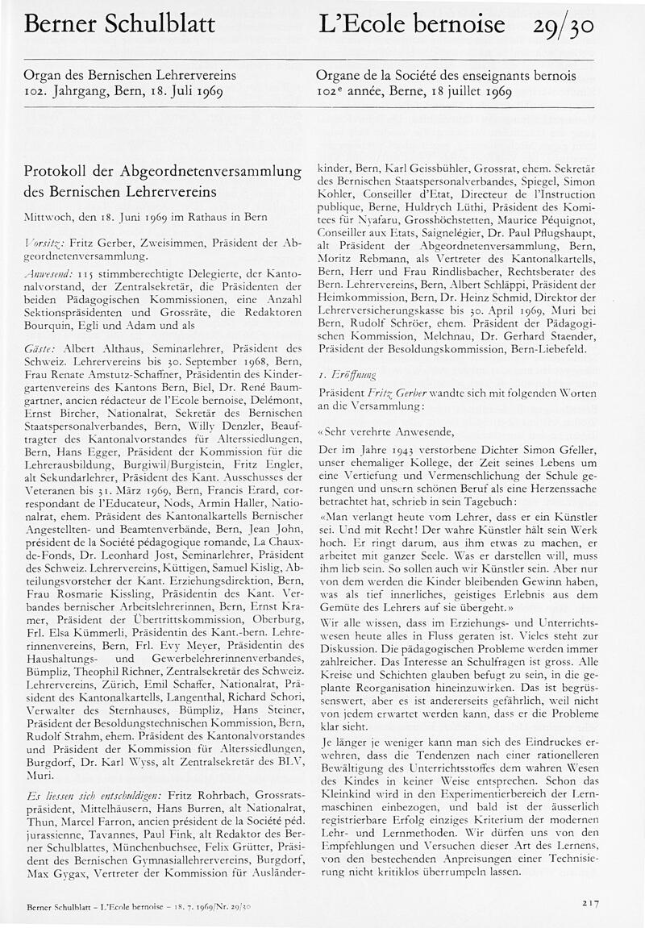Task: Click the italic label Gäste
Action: [40, 348]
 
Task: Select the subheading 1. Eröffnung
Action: [347, 375]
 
